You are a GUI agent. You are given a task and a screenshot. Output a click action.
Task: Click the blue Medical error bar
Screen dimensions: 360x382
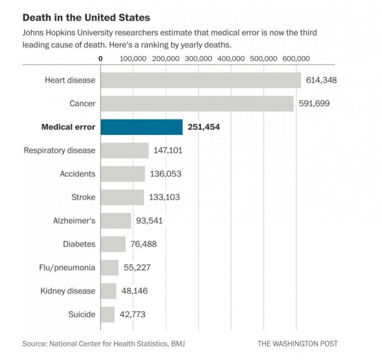coord(141,127)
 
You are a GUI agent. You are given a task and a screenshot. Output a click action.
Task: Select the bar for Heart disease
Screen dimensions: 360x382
coord(201,80)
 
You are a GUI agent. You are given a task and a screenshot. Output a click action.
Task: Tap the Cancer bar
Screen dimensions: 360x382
coord(197,103)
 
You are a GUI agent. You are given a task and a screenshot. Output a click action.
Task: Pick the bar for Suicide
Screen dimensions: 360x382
coord(107,315)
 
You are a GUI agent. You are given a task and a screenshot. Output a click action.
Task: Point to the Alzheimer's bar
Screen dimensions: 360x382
coord(116,221)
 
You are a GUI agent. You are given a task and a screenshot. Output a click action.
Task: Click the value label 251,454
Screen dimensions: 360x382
coord(207,127)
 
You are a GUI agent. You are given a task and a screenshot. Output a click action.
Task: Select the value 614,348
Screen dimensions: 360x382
coord(321,80)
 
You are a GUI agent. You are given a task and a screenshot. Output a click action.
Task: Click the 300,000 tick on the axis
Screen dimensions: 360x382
coord(198,59)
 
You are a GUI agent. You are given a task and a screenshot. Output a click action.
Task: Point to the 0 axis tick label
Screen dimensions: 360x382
coord(101,59)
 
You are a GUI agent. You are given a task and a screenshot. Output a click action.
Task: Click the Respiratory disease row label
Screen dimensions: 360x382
coord(60,151)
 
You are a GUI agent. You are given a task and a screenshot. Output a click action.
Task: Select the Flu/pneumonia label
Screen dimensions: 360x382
coord(66,268)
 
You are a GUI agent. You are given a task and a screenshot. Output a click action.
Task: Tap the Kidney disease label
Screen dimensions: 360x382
coord(68,291)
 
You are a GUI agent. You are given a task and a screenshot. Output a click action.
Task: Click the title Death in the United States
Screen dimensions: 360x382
coord(86,18)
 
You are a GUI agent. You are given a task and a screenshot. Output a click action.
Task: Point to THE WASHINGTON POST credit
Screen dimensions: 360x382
coord(297,343)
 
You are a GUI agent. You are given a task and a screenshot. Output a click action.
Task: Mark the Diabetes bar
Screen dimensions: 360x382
coord(113,244)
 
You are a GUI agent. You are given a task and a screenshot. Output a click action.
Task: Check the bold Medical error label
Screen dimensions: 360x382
coord(68,127)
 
